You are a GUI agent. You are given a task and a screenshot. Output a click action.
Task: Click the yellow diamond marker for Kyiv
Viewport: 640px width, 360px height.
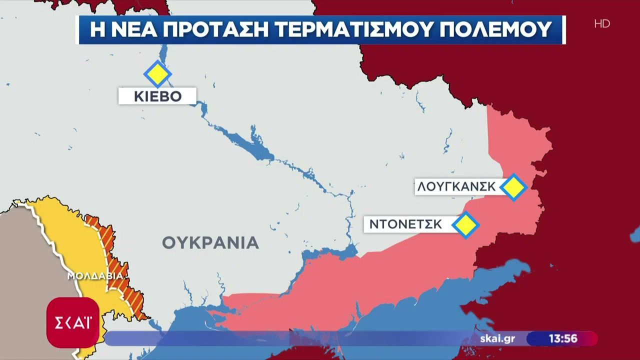click(x=157, y=74)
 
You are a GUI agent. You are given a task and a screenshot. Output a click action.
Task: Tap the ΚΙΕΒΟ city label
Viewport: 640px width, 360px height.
click(x=157, y=96)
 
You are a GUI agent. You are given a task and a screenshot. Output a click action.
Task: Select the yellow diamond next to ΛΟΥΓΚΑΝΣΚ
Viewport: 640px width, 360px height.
click(x=513, y=187)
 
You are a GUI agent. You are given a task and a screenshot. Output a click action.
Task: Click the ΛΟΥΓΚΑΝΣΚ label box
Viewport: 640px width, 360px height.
click(x=456, y=187)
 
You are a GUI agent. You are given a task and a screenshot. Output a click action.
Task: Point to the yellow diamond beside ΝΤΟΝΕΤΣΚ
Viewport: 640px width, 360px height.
click(x=465, y=224)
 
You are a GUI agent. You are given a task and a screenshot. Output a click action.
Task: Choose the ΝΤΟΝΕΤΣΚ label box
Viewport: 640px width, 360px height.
click(x=406, y=224)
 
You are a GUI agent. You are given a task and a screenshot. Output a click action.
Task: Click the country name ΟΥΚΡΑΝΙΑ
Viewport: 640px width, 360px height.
click(x=210, y=243)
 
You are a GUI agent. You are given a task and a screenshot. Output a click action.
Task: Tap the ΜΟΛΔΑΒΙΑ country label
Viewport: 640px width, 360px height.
click(x=95, y=276)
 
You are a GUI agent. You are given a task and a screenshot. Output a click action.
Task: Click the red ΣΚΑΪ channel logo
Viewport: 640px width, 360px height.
click(x=72, y=322)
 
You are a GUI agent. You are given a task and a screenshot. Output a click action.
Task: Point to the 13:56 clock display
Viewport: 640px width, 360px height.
click(x=563, y=338)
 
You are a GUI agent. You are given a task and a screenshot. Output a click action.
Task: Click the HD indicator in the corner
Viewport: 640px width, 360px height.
click(x=602, y=23)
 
